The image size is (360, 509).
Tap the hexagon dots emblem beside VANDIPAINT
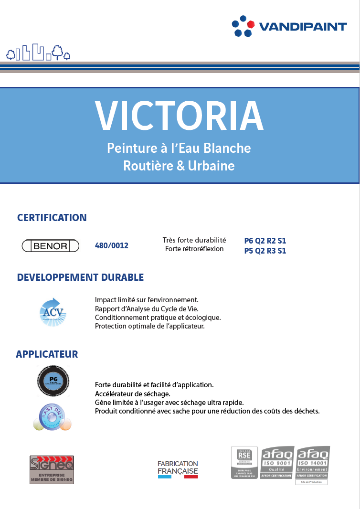tap(243, 26)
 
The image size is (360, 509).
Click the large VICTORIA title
tap(179, 116)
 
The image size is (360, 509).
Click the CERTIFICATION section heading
tap(52, 218)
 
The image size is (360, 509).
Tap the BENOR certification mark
tap(52, 246)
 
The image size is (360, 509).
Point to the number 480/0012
tap(112, 246)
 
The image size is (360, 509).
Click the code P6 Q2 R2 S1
tap(265, 241)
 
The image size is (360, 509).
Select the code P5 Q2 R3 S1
tap(265, 251)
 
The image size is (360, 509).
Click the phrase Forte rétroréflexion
tap(194, 249)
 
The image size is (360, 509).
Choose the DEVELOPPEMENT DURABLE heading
tap(80, 277)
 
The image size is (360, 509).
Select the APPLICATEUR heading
tap(47, 354)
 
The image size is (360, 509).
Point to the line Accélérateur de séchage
tap(133, 393)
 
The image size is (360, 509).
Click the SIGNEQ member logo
tap(52, 469)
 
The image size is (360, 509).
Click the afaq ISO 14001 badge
tap(313, 463)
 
